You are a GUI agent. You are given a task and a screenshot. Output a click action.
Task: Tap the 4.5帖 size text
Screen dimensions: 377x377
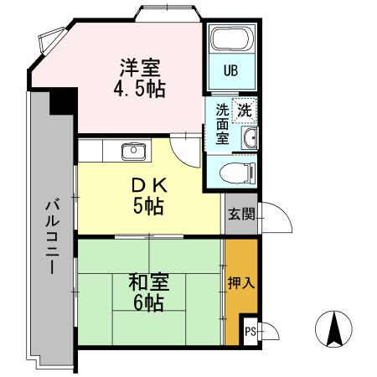[x=140, y=87]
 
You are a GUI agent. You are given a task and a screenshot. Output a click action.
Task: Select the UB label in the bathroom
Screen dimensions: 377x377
[x=230, y=70]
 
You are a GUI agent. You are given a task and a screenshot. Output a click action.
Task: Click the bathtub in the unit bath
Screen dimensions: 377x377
[x=233, y=40]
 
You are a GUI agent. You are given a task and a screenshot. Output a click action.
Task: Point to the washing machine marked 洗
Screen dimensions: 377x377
[x=244, y=109]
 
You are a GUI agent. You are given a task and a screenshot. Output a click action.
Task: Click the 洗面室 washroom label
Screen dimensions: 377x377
[x=222, y=124]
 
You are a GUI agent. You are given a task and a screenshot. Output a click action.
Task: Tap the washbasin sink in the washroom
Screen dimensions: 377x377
[x=250, y=138]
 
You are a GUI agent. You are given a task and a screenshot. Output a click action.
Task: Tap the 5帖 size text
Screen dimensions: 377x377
[x=147, y=205]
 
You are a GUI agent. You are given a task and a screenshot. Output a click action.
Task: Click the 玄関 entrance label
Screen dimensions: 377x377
[x=240, y=214]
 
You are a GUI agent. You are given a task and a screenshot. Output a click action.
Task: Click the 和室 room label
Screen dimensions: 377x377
[x=147, y=282]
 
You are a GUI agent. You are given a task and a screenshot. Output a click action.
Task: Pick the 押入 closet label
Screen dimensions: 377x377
[x=240, y=282]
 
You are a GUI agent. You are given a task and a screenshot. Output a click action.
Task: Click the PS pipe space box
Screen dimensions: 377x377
[x=250, y=332]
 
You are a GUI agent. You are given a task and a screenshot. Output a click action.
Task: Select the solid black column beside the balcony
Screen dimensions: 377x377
[x=61, y=104]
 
